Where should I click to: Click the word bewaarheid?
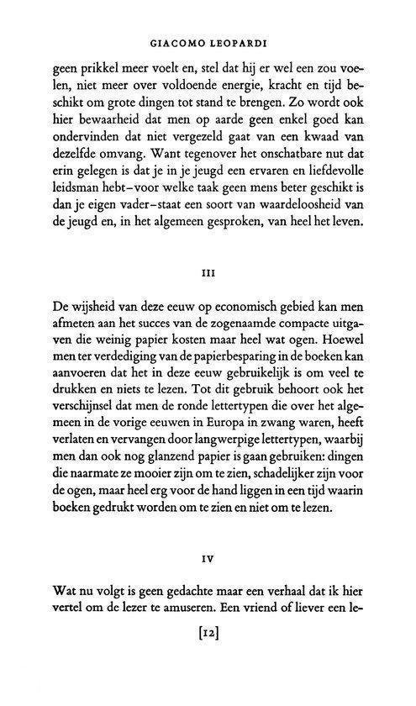pos(106,130)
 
